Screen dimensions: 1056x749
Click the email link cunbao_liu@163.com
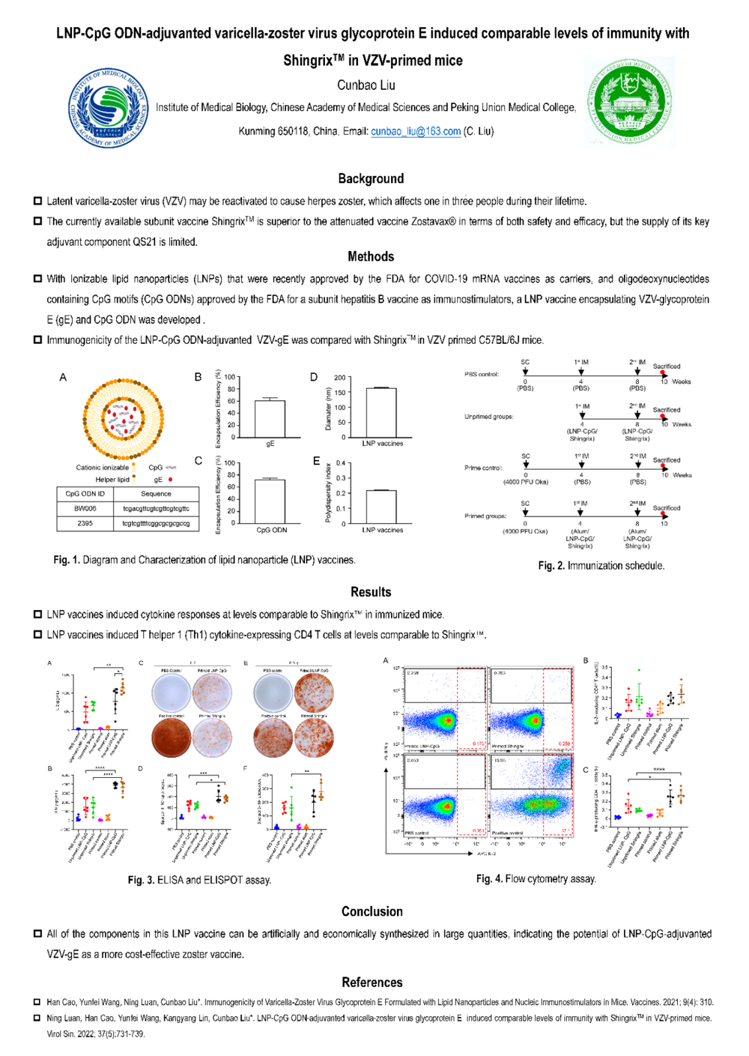(x=416, y=132)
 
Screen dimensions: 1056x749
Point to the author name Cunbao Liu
(x=366, y=85)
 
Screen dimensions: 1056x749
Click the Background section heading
(x=371, y=178)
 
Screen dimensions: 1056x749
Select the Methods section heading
(x=371, y=257)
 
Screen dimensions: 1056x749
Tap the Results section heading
(x=371, y=592)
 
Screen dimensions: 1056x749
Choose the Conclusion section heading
(x=372, y=911)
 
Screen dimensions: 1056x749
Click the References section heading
(x=372, y=983)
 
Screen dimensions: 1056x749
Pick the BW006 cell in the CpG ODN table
(x=85, y=508)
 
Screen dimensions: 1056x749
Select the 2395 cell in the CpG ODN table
(x=85, y=523)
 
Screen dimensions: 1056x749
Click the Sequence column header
(x=156, y=494)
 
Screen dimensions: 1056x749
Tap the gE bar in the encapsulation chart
(x=270, y=419)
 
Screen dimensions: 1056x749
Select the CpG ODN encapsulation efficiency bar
(x=270, y=501)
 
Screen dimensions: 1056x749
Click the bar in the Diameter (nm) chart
(x=381, y=413)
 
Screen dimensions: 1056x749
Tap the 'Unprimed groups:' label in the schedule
(x=488, y=417)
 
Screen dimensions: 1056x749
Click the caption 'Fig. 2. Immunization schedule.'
(x=601, y=566)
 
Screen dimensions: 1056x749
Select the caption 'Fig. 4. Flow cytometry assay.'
(x=536, y=879)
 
